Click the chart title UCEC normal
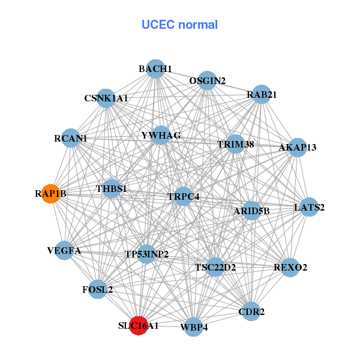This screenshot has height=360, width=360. point(179,25)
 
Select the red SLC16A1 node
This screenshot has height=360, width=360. point(139,326)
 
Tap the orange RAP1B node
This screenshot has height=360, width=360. point(51,194)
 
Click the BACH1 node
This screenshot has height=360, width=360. point(155,69)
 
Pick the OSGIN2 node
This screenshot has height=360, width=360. point(207,80)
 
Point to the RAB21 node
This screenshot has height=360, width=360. point(261,94)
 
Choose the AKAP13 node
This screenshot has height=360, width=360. point(297,147)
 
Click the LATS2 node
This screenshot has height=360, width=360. point(309,208)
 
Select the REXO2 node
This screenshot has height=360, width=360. point(290,267)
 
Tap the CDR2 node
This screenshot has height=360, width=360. point(251,311)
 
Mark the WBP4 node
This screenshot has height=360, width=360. point(193,327)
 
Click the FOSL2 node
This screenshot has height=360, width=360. point(98,290)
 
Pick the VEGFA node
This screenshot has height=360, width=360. point(64,250)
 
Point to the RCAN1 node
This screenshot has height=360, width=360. point(71,139)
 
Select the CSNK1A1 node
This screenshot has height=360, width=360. point(106,98)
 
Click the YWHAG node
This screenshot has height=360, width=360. point(160,136)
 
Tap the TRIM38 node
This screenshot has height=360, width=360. point(235,145)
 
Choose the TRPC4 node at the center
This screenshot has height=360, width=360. point(183,196)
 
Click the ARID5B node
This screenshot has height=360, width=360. point(251,211)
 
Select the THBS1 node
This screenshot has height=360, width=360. point(112,189)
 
